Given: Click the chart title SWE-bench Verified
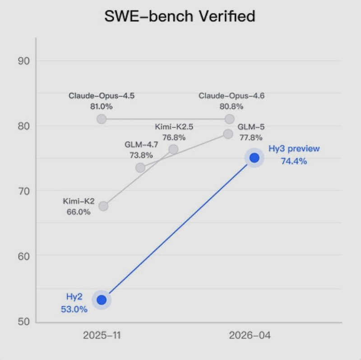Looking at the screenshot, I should pyautogui.click(x=180, y=17).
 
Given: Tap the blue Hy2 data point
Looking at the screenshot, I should pyautogui.click(x=102, y=300).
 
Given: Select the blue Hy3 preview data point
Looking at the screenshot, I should pyautogui.click(x=254, y=157).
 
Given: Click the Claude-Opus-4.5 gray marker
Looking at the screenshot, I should pyautogui.click(x=102, y=119).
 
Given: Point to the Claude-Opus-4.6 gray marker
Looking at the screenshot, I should pyautogui.click(x=229, y=119).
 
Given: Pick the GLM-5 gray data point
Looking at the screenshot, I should pyautogui.click(x=228, y=134).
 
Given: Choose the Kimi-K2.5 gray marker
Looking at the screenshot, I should pyautogui.click(x=173, y=149).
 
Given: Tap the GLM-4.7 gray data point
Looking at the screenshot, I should pyautogui.click(x=140, y=168).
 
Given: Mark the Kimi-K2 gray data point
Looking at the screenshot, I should pyautogui.click(x=103, y=206).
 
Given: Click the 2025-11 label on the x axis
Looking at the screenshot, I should pyautogui.click(x=102, y=336).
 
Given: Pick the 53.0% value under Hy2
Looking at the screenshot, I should pyautogui.click(x=74, y=309).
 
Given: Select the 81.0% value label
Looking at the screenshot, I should pyautogui.click(x=102, y=107).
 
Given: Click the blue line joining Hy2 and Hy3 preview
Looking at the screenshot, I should pyautogui.click(x=178, y=229).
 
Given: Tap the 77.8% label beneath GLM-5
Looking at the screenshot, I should pyautogui.click(x=247, y=138).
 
